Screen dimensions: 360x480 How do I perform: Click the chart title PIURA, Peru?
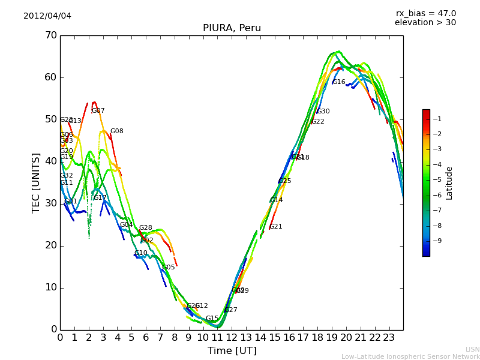click(232, 28)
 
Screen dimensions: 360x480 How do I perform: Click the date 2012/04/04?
click(47, 16)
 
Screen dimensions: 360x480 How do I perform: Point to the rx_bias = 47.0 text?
click(425, 13)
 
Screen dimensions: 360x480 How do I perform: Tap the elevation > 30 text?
click(425, 23)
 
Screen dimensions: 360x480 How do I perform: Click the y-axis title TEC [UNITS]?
click(36, 182)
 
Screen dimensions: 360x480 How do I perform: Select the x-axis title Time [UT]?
click(232, 351)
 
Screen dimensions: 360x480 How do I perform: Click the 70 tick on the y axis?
click(50, 35)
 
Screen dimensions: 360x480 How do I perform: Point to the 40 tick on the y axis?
click(50, 161)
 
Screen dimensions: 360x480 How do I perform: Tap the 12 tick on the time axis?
click(232, 338)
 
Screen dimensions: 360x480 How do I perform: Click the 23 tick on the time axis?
click(389, 338)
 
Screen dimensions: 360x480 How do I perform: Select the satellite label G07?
click(98, 111)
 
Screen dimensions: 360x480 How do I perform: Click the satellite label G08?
click(116, 131)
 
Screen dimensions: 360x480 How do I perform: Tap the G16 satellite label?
click(338, 82)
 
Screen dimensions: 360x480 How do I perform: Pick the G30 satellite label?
click(323, 112)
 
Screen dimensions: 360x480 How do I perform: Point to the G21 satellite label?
click(275, 227)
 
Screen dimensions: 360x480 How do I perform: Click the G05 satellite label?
click(168, 268)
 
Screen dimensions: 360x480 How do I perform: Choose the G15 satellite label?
click(212, 319)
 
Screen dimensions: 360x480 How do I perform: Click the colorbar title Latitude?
click(449, 183)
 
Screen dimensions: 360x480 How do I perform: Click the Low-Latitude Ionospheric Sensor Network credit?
click(410, 356)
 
